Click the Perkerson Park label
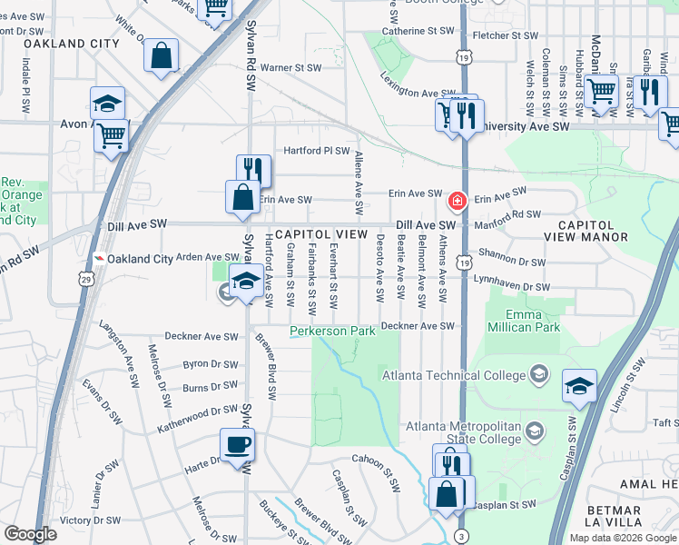(x=332, y=332)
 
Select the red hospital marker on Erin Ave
(x=458, y=199)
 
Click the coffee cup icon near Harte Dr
(x=238, y=445)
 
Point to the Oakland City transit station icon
(x=98, y=259)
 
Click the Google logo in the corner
(x=30, y=534)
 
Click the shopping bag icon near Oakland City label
(x=161, y=55)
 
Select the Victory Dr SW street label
(x=88, y=521)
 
